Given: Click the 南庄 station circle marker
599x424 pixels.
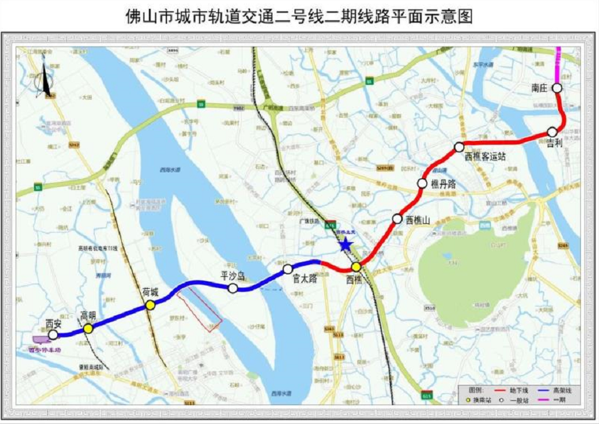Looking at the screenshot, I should (x=557, y=89).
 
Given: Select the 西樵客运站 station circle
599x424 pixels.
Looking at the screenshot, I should (x=460, y=147).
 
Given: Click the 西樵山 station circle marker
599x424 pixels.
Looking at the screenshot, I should (x=397, y=218).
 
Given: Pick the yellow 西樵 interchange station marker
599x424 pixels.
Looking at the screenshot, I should (x=356, y=267).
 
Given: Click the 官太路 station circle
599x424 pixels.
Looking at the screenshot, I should (x=288, y=269).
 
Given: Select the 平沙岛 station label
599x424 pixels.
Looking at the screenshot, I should (x=233, y=276).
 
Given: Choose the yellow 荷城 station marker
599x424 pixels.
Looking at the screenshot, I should (x=150, y=305).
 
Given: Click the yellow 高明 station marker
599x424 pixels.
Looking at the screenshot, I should (x=89, y=328).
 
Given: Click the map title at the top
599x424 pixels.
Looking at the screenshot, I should (x=299, y=16).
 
